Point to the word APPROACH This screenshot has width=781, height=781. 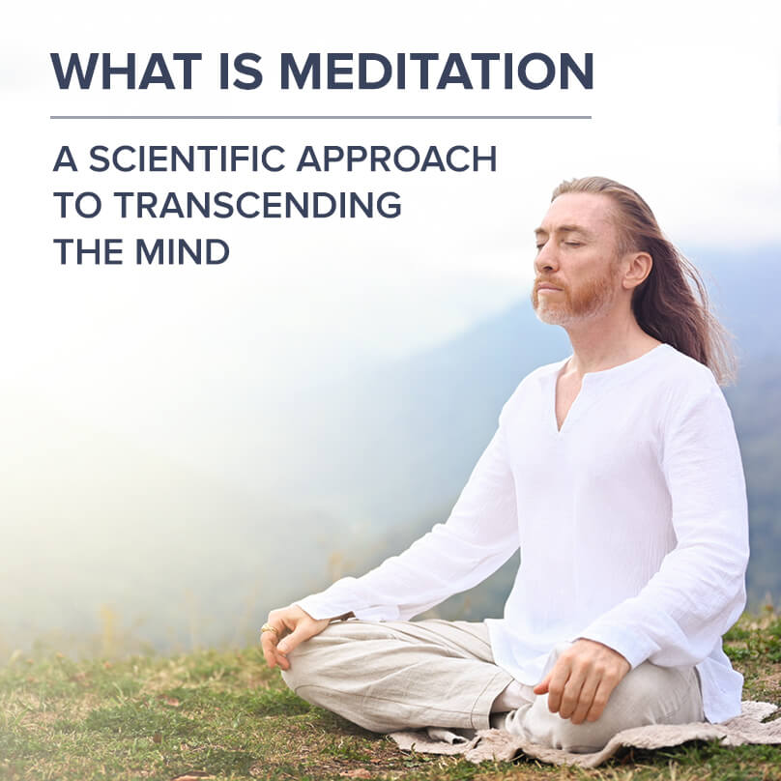click(406, 159)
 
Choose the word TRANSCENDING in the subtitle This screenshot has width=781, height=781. click(257, 205)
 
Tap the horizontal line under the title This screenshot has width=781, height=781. click(320, 117)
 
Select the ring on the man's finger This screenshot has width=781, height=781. click(271, 630)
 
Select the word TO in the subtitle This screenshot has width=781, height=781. click(76, 205)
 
